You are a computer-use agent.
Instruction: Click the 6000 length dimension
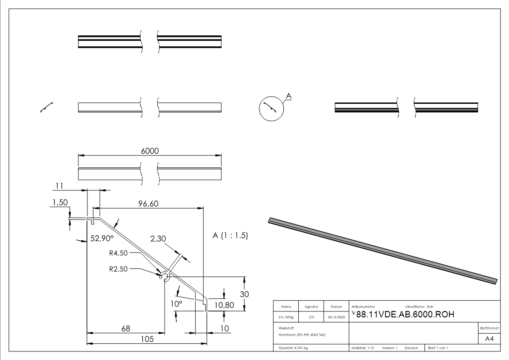tap(150, 151)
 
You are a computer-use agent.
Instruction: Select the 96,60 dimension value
tap(148, 204)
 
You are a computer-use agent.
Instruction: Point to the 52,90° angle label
tap(102, 238)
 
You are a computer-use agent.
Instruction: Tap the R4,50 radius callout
tap(118, 253)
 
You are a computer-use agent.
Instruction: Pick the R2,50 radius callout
tap(118, 269)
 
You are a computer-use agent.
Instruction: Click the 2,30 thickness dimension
tap(158, 239)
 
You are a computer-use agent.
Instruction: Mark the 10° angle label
tap(176, 304)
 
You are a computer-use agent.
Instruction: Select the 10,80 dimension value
tap(224, 305)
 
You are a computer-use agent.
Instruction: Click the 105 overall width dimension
tap(147, 339)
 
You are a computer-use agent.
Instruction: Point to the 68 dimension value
tap(126, 329)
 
